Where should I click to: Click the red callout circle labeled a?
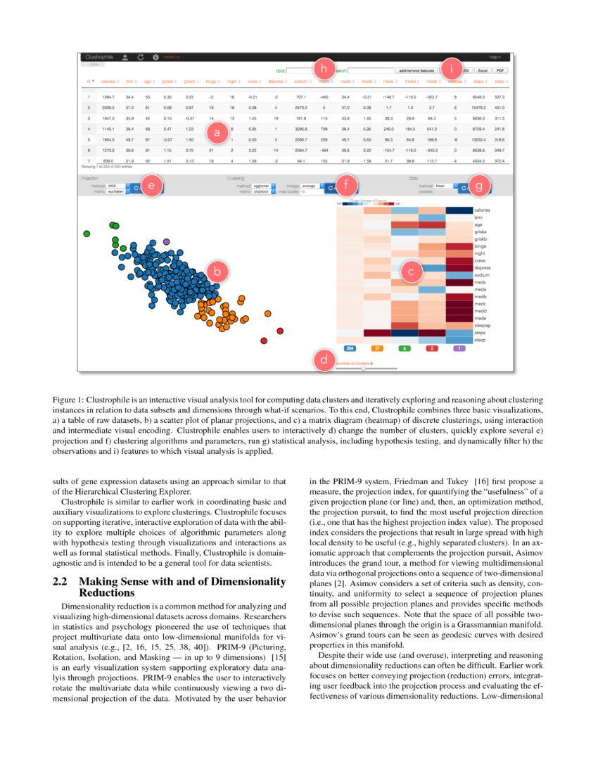point(217,131)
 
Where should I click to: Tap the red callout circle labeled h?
point(323,68)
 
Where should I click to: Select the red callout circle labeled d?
point(323,360)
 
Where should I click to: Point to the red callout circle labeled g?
point(479,186)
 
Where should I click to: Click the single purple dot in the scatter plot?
point(167,241)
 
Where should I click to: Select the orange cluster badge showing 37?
point(377,348)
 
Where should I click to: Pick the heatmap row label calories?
point(483,210)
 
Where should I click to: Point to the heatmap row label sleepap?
point(483,326)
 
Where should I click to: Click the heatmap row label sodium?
point(482,275)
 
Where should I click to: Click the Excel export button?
point(483,71)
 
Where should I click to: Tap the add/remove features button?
point(416,71)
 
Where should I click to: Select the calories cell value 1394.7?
point(108,96)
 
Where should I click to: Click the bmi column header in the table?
point(130,82)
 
